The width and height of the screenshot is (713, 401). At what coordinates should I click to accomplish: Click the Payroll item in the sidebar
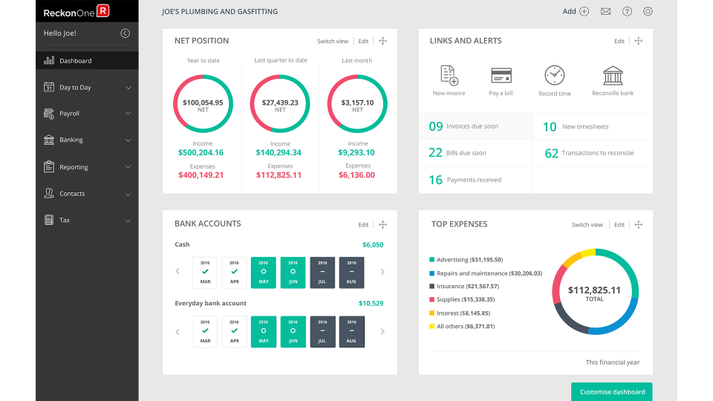pyautogui.click(x=69, y=114)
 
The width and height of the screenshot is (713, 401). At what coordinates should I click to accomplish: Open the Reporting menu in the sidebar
pyautogui.click(x=74, y=167)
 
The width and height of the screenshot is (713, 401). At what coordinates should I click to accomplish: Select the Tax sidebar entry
pyautogui.click(x=65, y=221)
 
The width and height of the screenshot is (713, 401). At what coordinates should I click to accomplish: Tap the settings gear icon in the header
pyautogui.click(x=648, y=11)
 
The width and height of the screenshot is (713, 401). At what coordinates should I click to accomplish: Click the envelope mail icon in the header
pyautogui.click(x=605, y=11)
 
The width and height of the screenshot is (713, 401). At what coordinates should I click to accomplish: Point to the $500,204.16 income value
pyautogui.click(x=201, y=152)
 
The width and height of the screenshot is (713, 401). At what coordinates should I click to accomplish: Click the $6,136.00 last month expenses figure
pyautogui.click(x=357, y=175)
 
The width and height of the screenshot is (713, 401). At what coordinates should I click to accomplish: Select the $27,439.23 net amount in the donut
pyautogui.click(x=280, y=103)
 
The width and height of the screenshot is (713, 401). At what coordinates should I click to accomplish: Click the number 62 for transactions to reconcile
pyautogui.click(x=551, y=153)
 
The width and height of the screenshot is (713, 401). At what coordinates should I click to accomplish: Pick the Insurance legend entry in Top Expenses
pyautogui.click(x=467, y=286)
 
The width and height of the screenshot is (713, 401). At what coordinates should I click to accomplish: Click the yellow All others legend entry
pyautogui.click(x=465, y=326)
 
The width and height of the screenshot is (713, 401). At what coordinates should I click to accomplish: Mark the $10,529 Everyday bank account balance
pyautogui.click(x=371, y=303)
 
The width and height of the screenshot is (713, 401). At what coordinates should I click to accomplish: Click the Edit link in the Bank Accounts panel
pyautogui.click(x=363, y=224)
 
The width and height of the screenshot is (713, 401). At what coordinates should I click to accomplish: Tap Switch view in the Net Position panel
pyautogui.click(x=333, y=41)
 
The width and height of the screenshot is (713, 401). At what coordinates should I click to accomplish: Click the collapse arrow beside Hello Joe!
pyautogui.click(x=125, y=33)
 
